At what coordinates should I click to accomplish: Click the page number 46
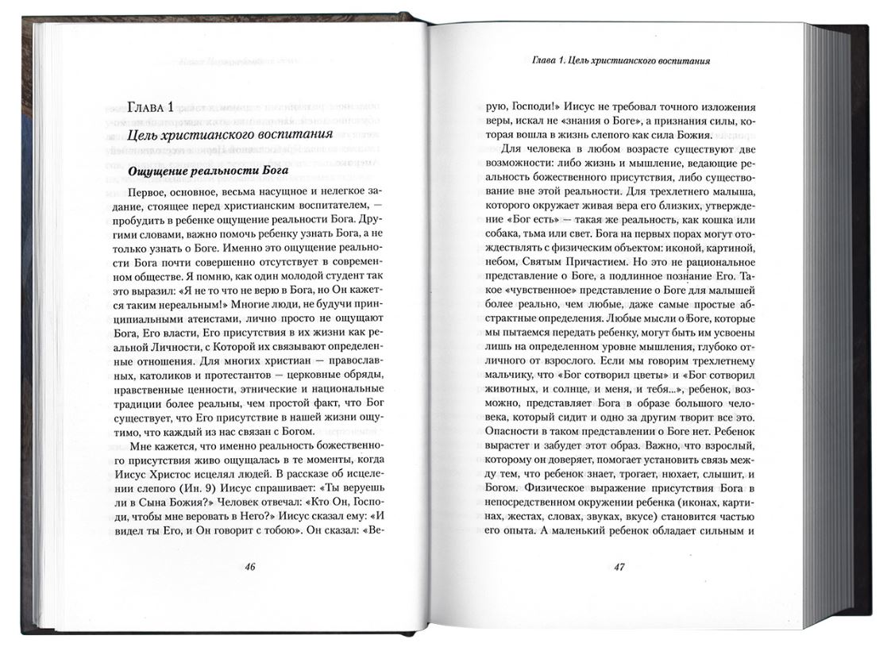coord(249,567)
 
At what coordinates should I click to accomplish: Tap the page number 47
coord(621,568)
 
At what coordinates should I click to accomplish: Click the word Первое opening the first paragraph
coord(150,191)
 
